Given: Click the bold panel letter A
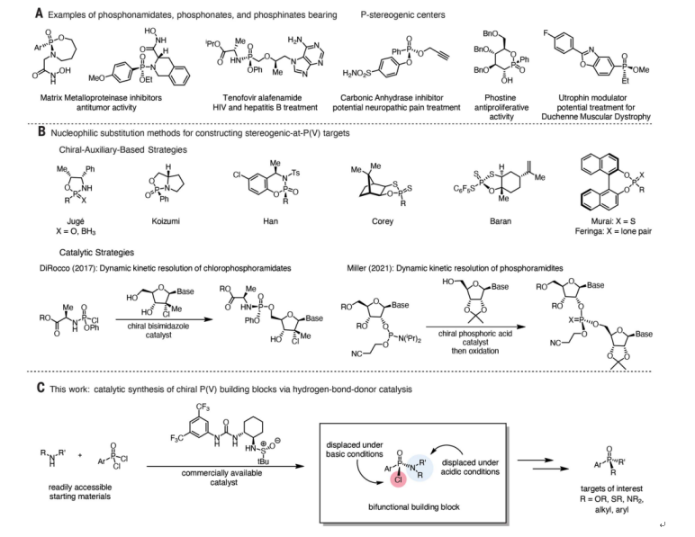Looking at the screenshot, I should (15, 14).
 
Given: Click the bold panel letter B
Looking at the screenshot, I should (15, 133).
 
